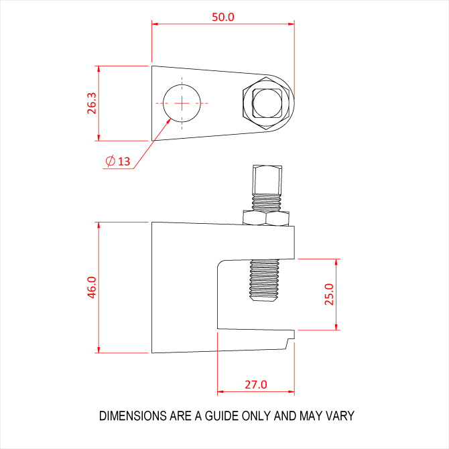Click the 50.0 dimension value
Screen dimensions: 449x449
click(x=223, y=17)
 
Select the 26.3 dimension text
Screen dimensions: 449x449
click(x=92, y=103)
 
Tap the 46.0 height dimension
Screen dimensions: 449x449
click(x=92, y=287)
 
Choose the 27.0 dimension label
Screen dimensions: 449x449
click(x=255, y=385)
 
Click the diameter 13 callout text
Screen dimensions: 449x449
click(x=119, y=161)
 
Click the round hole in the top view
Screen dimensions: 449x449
click(x=182, y=103)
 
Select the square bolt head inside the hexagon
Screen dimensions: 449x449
click(x=266, y=103)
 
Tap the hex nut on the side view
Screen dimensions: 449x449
click(x=266, y=218)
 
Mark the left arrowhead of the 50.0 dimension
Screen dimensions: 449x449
click(x=155, y=24)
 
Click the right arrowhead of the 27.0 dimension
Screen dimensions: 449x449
click(x=292, y=391)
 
